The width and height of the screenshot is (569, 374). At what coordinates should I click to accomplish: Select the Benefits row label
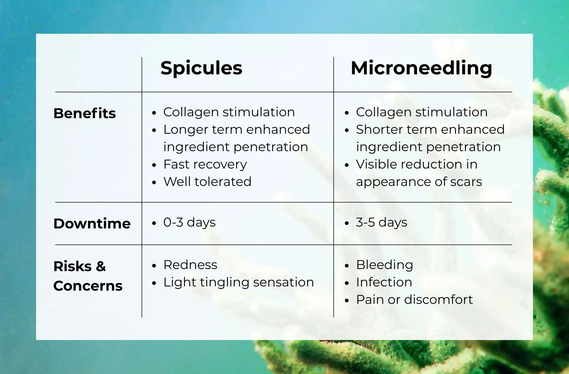[85, 113]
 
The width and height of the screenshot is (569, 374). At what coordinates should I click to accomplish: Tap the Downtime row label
[92, 223]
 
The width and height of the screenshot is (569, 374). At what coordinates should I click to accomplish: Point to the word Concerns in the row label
[88, 286]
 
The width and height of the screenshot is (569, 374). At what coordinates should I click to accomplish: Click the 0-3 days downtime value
[189, 222]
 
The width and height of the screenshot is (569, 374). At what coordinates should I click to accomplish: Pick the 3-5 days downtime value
[382, 222]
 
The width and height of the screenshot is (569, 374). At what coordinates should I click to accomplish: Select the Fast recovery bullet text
[205, 165]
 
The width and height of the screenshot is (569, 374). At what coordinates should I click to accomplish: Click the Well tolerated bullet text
[208, 181]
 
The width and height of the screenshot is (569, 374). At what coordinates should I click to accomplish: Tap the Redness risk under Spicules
[190, 265]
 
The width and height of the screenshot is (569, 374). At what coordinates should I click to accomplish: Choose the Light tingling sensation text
[239, 282]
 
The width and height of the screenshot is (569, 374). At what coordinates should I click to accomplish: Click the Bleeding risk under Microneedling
[385, 265]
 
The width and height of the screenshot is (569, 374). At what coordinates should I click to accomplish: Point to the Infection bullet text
[384, 282]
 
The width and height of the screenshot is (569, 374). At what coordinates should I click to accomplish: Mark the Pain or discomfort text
[415, 299]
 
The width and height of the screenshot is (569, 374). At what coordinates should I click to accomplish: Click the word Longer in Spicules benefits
[186, 130]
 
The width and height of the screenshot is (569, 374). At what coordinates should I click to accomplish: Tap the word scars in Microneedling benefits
[466, 182]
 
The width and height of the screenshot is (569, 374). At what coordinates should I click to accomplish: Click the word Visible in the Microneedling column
[377, 164]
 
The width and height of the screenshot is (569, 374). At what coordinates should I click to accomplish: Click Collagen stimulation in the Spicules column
[229, 112]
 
